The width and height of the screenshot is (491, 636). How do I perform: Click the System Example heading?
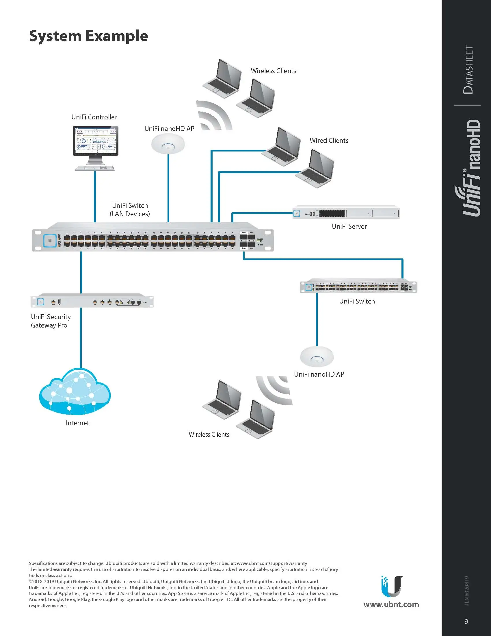point(88,36)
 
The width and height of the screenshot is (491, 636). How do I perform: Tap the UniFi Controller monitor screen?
point(95,140)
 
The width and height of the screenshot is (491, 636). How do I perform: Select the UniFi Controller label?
point(94,117)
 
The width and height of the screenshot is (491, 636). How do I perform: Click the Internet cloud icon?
point(75,392)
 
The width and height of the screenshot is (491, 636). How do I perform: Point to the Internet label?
point(77,423)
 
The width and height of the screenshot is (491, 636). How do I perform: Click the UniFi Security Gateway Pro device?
point(92,301)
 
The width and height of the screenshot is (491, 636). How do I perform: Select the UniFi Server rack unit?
point(346,212)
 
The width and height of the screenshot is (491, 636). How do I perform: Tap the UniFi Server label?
point(349,226)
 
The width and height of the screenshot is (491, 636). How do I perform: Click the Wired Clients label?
point(329,140)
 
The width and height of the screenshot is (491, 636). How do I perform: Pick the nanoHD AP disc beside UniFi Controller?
point(168,144)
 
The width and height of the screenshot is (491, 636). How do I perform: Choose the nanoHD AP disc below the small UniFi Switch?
point(317,356)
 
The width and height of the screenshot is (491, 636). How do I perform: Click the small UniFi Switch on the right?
point(358,287)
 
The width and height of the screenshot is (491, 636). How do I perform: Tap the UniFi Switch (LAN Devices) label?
point(130,210)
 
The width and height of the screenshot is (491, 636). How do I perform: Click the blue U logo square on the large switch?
point(50,241)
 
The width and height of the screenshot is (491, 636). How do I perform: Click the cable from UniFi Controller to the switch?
point(95,197)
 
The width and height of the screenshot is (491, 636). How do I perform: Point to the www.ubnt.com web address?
point(391,604)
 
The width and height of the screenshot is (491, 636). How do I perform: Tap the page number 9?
point(466,622)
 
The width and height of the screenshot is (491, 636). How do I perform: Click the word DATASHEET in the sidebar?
point(468,70)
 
